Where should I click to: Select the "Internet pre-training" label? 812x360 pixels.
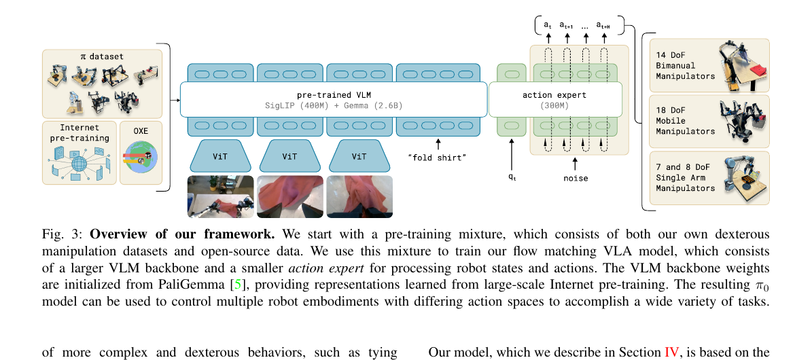click(x=79, y=132)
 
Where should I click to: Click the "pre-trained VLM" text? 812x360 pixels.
click(x=334, y=94)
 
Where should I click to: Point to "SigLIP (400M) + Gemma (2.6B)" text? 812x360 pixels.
click(x=334, y=106)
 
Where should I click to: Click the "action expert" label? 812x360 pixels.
click(x=555, y=94)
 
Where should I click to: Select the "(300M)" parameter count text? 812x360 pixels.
click(x=555, y=106)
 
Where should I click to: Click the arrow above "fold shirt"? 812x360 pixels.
click(x=438, y=143)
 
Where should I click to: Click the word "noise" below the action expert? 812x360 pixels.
click(x=576, y=178)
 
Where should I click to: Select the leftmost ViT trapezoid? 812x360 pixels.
click(x=220, y=156)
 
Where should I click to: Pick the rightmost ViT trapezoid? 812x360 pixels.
click(x=359, y=156)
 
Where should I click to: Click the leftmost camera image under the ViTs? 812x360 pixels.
click(x=220, y=196)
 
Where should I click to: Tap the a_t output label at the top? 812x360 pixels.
click(x=547, y=25)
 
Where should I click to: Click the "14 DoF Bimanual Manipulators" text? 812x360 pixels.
click(x=685, y=65)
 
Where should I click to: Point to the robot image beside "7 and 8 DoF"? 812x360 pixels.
click(x=744, y=178)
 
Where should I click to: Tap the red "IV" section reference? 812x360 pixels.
click(x=671, y=352)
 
